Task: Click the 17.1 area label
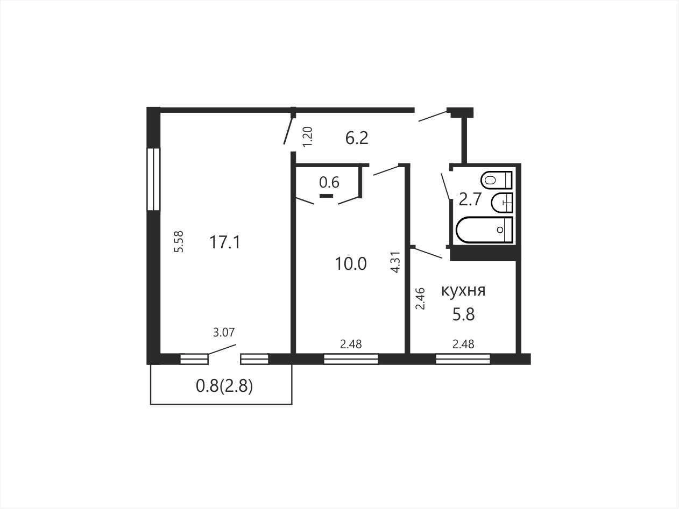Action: coord(225,242)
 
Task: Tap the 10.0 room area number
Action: coord(351,264)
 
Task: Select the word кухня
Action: coord(463,291)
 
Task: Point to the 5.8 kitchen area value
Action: coord(463,315)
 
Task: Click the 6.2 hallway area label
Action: coord(357,138)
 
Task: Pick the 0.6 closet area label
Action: coord(329,182)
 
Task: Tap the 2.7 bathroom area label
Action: coord(470,199)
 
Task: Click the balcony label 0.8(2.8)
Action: coord(224,386)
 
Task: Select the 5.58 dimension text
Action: coord(179,242)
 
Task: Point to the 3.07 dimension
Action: coord(224,333)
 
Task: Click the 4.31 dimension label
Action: coord(396,262)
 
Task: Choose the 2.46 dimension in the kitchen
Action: coord(420,298)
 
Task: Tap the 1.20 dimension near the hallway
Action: coord(308,137)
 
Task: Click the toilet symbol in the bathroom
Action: coord(497,180)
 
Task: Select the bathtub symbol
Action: coord(484,230)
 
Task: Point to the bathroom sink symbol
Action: coord(502,203)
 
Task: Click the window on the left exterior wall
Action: coord(153,179)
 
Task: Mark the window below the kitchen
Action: coord(463,360)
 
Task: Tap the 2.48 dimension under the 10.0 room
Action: coord(351,345)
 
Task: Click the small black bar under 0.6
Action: coord(326,196)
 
